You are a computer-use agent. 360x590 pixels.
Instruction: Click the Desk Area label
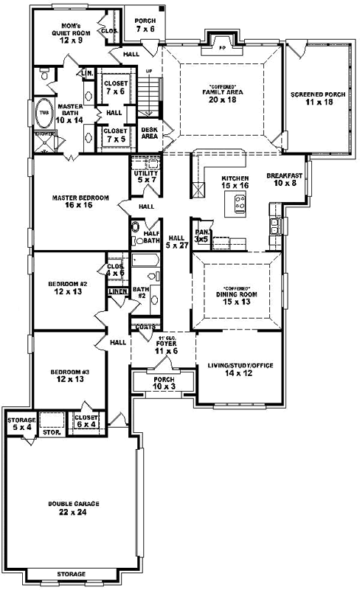[x=149, y=132]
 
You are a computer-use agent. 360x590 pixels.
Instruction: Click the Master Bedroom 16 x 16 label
[x=80, y=201]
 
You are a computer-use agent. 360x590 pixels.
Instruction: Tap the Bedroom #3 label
[x=69, y=375]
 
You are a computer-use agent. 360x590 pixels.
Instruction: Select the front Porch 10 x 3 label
[x=162, y=383]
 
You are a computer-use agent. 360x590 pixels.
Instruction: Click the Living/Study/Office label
[x=238, y=368]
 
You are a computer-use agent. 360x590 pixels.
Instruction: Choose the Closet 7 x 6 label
[x=116, y=86]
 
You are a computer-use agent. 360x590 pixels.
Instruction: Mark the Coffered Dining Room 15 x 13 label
[x=236, y=296]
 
